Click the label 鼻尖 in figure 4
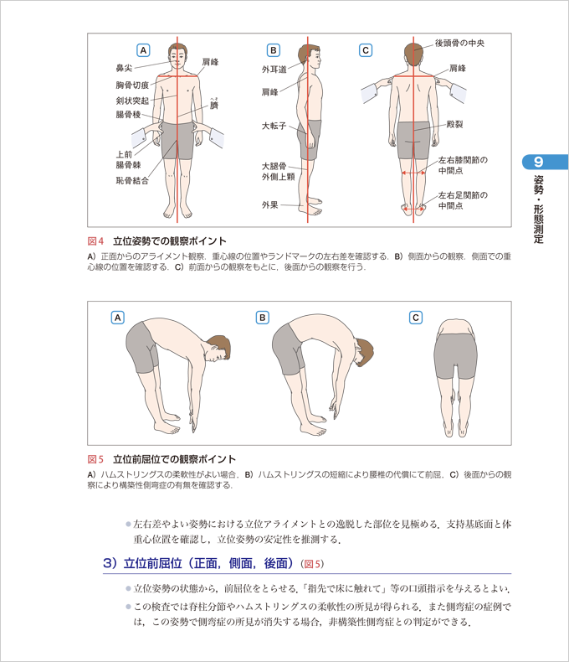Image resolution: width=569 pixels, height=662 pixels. click(x=124, y=68)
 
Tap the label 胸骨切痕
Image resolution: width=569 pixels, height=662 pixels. click(x=132, y=85)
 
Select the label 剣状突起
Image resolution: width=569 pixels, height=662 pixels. click(x=132, y=101)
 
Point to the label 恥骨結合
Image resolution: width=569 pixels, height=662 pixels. click(x=132, y=181)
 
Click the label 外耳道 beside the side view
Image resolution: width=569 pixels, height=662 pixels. click(x=274, y=70)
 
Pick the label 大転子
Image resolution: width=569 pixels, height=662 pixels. click(x=274, y=126)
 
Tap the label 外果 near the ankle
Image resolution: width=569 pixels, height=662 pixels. click(x=269, y=205)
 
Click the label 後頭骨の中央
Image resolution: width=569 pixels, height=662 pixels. click(x=459, y=43)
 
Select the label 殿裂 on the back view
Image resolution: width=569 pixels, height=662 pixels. click(x=454, y=124)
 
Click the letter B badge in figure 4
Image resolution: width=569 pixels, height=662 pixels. click(x=273, y=50)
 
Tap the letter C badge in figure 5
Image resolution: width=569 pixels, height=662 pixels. click(x=416, y=318)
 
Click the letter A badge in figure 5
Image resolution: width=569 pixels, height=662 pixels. click(x=118, y=318)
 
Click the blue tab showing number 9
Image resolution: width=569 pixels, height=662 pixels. click(x=546, y=162)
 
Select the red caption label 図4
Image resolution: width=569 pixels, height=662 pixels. click(x=95, y=241)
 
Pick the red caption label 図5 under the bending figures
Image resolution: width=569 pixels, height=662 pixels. click(x=95, y=459)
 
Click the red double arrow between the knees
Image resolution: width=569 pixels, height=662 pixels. click(x=413, y=173)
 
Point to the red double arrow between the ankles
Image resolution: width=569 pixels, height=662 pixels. click(x=413, y=209)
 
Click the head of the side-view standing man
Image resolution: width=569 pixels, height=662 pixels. click(x=309, y=57)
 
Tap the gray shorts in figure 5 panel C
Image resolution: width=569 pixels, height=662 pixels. click(x=456, y=355)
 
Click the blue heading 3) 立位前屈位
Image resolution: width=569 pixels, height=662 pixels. click(x=198, y=563)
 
